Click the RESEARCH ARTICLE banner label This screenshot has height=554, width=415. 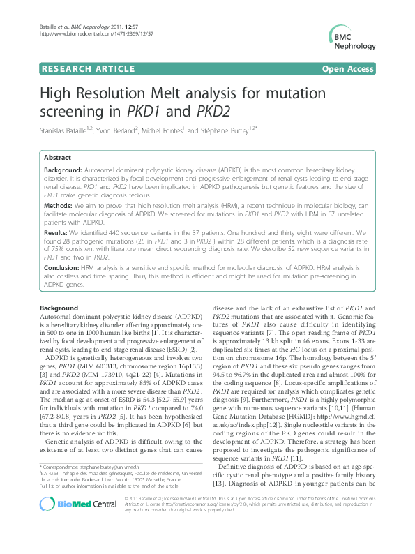[81, 70]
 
